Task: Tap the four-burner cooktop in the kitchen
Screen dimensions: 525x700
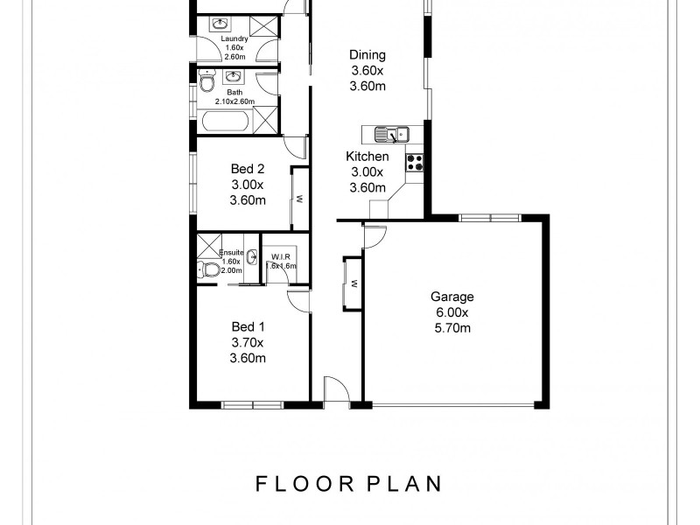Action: pos(414,162)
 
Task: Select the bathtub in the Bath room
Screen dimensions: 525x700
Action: pos(229,122)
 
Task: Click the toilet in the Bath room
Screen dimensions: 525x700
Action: pos(206,83)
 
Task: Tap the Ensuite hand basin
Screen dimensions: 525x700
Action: pos(252,257)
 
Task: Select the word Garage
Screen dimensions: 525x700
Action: pos(452,297)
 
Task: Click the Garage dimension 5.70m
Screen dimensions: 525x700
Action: pos(452,328)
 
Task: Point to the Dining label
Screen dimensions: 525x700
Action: pos(367,55)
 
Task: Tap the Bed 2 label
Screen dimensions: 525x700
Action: pos(248,169)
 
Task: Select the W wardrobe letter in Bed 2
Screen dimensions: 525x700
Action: pos(299,197)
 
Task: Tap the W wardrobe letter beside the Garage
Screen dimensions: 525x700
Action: pos(353,283)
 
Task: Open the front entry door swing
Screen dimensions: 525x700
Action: pos(332,390)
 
